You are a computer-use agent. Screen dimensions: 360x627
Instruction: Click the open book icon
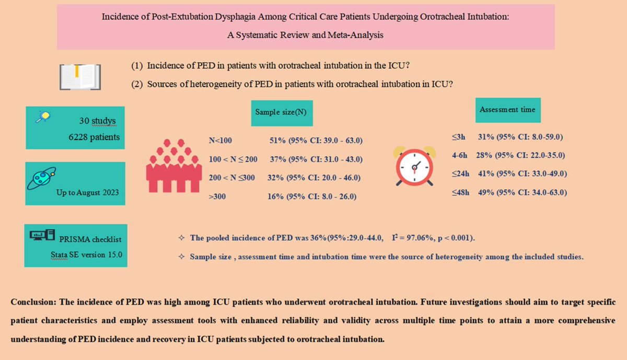pos(80,76)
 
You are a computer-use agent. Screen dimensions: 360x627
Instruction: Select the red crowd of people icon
pos(173,165)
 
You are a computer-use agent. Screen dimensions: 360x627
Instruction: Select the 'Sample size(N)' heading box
pos(281,112)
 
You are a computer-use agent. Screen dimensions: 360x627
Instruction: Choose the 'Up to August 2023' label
pos(88,192)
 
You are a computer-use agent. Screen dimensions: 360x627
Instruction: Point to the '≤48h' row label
pos(460,192)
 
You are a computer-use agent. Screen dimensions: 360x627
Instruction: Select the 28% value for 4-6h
pos(485,155)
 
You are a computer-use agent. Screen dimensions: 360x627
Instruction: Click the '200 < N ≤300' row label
pos(231,178)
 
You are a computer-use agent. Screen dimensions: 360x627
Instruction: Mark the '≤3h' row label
pos(460,137)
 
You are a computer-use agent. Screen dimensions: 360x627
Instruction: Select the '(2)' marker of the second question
pos(137,86)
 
